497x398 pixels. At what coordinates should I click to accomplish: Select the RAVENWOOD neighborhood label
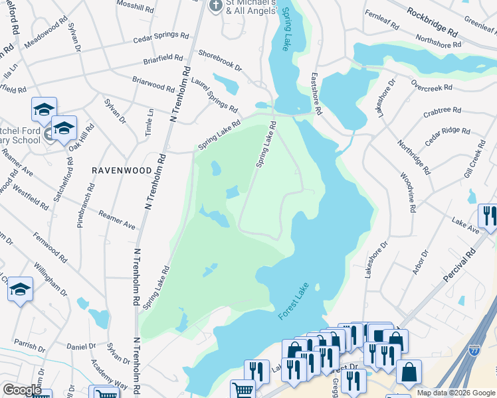pos(122,170)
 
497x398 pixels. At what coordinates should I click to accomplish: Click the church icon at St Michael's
pos(215,7)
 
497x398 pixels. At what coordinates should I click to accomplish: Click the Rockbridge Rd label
pos(433,23)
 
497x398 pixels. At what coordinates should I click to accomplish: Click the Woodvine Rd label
pos(407,193)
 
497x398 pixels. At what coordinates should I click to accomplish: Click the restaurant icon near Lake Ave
pos(487,216)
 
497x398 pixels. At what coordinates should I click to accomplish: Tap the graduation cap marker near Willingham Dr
pos(21,289)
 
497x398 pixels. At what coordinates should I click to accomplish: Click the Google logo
pos(22,389)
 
